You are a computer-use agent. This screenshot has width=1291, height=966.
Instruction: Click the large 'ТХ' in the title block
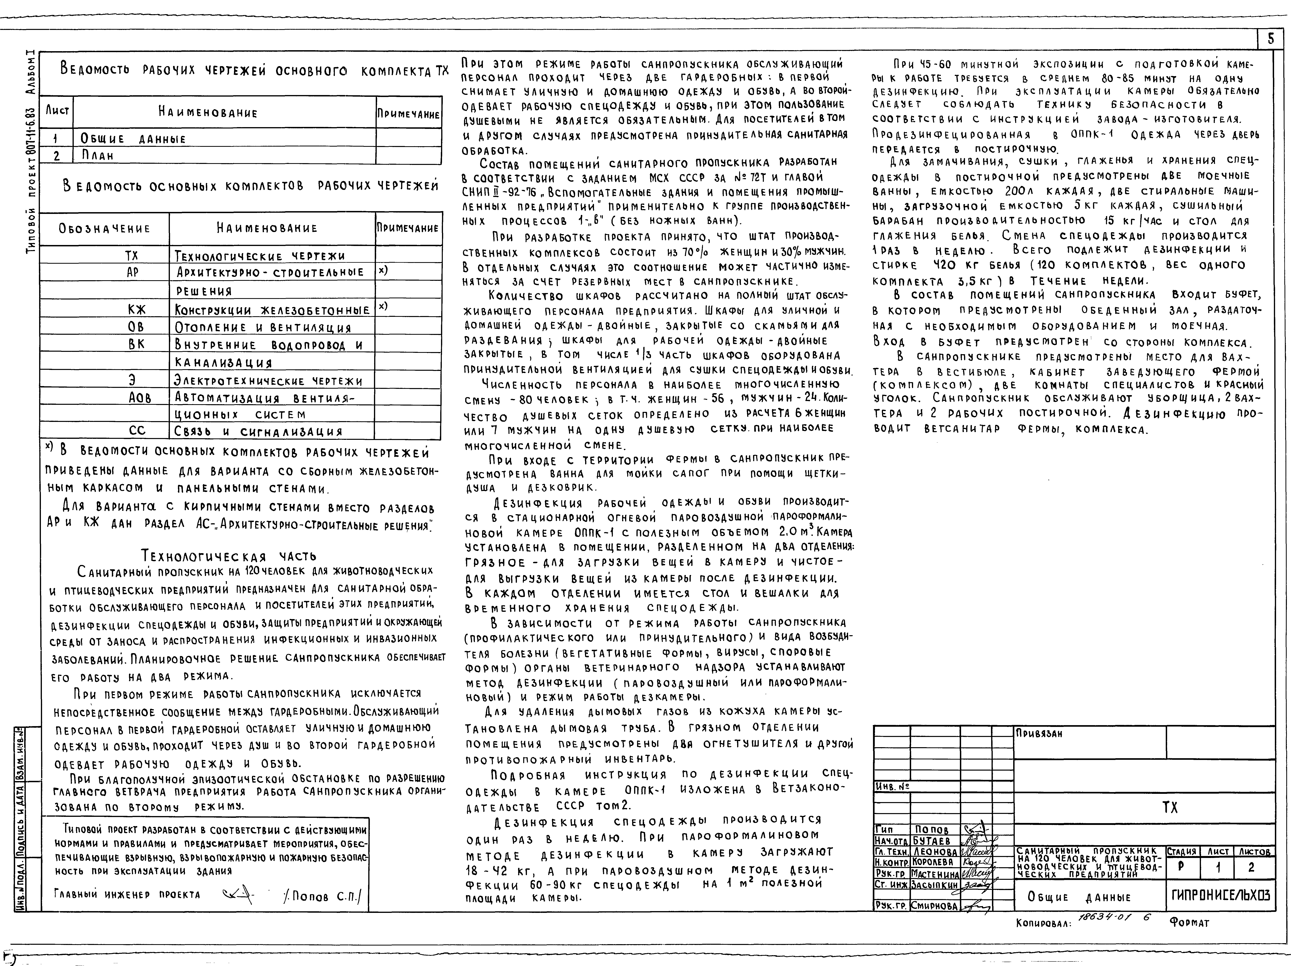click(1170, 808)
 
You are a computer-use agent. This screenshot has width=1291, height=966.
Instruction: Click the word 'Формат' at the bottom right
click(1189, 923)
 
